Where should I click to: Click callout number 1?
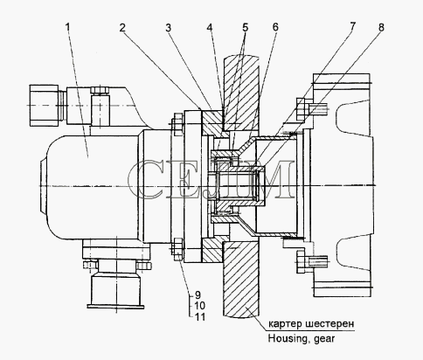click(67, 27)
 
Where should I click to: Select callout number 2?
click(122, 28)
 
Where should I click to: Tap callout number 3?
click(168, 28)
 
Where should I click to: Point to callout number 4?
click(210, 28)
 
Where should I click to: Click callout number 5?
click(245, 28)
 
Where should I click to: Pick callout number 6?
click(275, 27)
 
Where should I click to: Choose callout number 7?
click(352, 26)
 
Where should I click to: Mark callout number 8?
click(381, 27)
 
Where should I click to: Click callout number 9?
click(198, 295)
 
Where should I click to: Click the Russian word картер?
click(285, 324)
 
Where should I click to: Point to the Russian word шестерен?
click(330, 323)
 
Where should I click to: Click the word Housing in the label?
click(289, 339)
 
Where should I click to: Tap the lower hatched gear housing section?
click(240, 280)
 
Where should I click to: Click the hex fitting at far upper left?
click(45, 106)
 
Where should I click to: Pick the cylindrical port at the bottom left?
click(115, 291)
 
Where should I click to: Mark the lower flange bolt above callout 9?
click(177, 250)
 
